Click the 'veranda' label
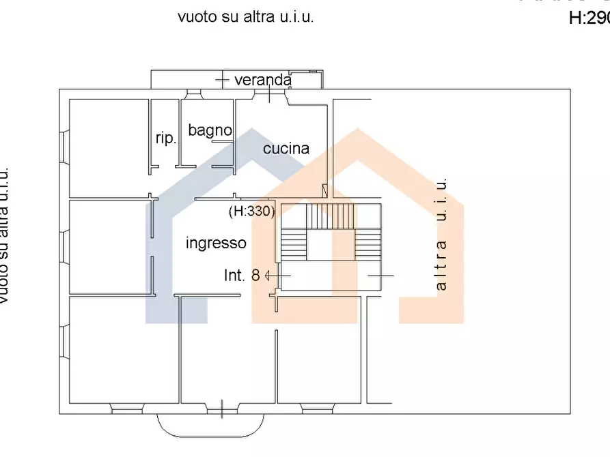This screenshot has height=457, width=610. point(263,80)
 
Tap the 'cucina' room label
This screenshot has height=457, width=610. point(286,148)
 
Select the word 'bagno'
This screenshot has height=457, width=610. point(210,130)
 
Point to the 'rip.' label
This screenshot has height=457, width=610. point(166,138)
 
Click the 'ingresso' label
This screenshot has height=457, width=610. point(216,243)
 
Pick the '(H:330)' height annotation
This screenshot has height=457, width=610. point(251,211)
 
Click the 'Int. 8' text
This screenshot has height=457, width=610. point(242,276)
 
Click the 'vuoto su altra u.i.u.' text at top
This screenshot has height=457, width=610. point(245,18)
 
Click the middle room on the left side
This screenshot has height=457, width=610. point(109,246)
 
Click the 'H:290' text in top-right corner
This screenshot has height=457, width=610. point(588,18)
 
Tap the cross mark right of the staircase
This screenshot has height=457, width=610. point(380,276)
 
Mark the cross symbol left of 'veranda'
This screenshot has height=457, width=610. point(221,80)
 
